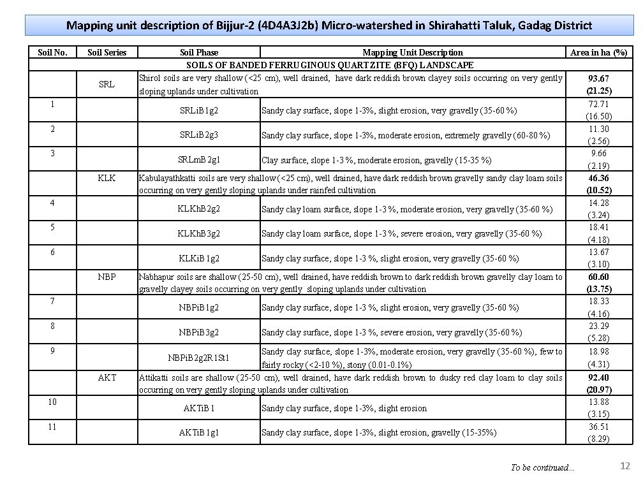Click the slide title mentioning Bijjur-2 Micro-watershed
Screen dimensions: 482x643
point(329,26)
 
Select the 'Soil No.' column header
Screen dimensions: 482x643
point(53,52)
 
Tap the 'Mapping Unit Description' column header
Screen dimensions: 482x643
point(413,52)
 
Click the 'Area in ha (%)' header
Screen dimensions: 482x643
point(598,52)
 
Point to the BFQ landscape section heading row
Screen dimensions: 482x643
point(329,65)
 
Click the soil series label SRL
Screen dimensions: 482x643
point(107,84)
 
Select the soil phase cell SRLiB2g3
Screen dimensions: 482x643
point(199,135)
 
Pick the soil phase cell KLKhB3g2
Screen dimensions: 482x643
point(199,233)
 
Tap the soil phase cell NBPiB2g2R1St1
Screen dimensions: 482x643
point(199,358)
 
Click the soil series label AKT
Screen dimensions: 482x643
point(107,377)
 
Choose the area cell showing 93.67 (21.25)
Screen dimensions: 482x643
point(598,84)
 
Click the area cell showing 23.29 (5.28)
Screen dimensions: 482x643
point(598,332)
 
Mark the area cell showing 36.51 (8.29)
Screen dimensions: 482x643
point(598,432)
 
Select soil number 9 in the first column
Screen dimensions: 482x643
point(53,350)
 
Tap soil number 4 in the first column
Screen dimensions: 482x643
point(53,202)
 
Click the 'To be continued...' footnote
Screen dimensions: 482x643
point(542,468)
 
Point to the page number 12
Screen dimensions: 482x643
point(625,467)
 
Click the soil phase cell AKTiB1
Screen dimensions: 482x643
point(199,408)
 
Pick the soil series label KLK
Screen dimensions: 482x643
point(107,178)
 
